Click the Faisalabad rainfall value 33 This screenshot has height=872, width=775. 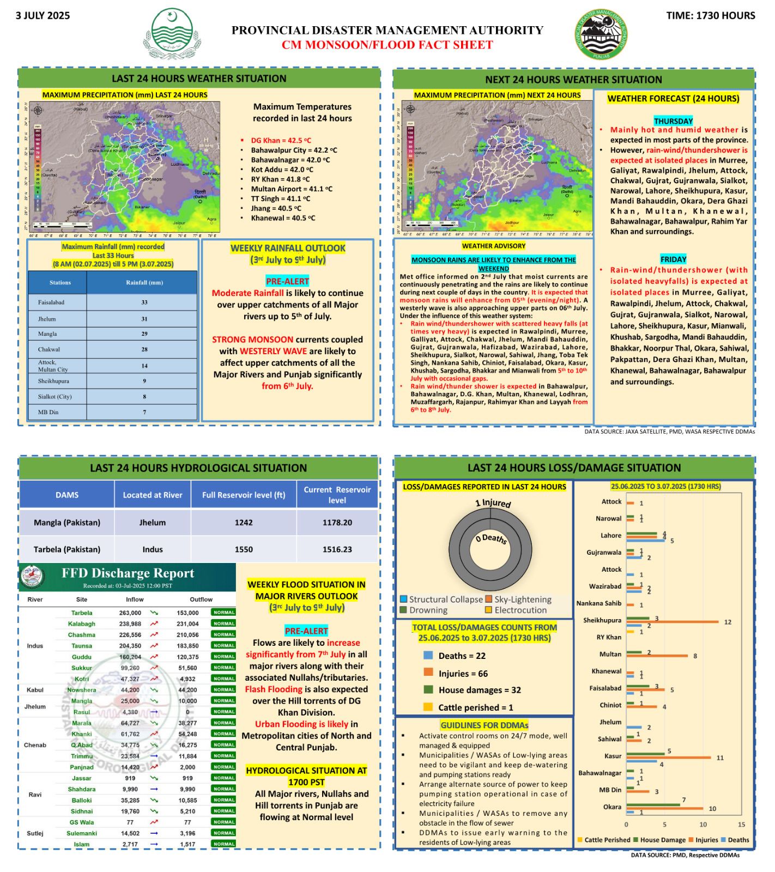[144, 302]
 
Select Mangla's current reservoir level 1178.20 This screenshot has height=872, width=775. [337, 522]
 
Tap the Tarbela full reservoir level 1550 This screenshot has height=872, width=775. [244, 549]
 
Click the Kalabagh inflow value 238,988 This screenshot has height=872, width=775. [130, 623]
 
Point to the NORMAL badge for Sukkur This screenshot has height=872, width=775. [224, 668]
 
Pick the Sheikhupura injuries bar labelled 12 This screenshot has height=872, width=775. [673, 621]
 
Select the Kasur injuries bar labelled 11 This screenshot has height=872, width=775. [669, 757]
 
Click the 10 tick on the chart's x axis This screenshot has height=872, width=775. [703, 825]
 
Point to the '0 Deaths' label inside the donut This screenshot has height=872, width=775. [491, 538]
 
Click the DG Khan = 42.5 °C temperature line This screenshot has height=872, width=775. [281, 140]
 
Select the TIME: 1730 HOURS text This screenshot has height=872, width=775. [710, 15]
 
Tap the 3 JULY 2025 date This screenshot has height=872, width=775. [43, 15]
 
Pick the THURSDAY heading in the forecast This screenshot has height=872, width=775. [673, 121]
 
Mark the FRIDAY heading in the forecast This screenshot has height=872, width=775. [673, 259]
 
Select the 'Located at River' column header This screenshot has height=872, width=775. [153, 495]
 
